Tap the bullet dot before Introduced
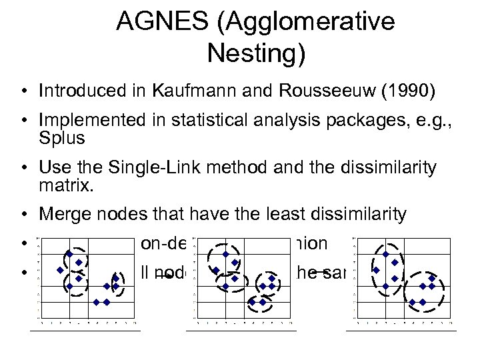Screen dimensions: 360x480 (x=23, y=91)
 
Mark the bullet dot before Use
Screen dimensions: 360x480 (x=23, y=167)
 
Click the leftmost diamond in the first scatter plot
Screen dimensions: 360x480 (x=60, y=271)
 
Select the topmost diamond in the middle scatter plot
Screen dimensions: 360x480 (x=225, y=255)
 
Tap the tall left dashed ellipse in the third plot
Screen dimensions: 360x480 (x=388, y=267)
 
